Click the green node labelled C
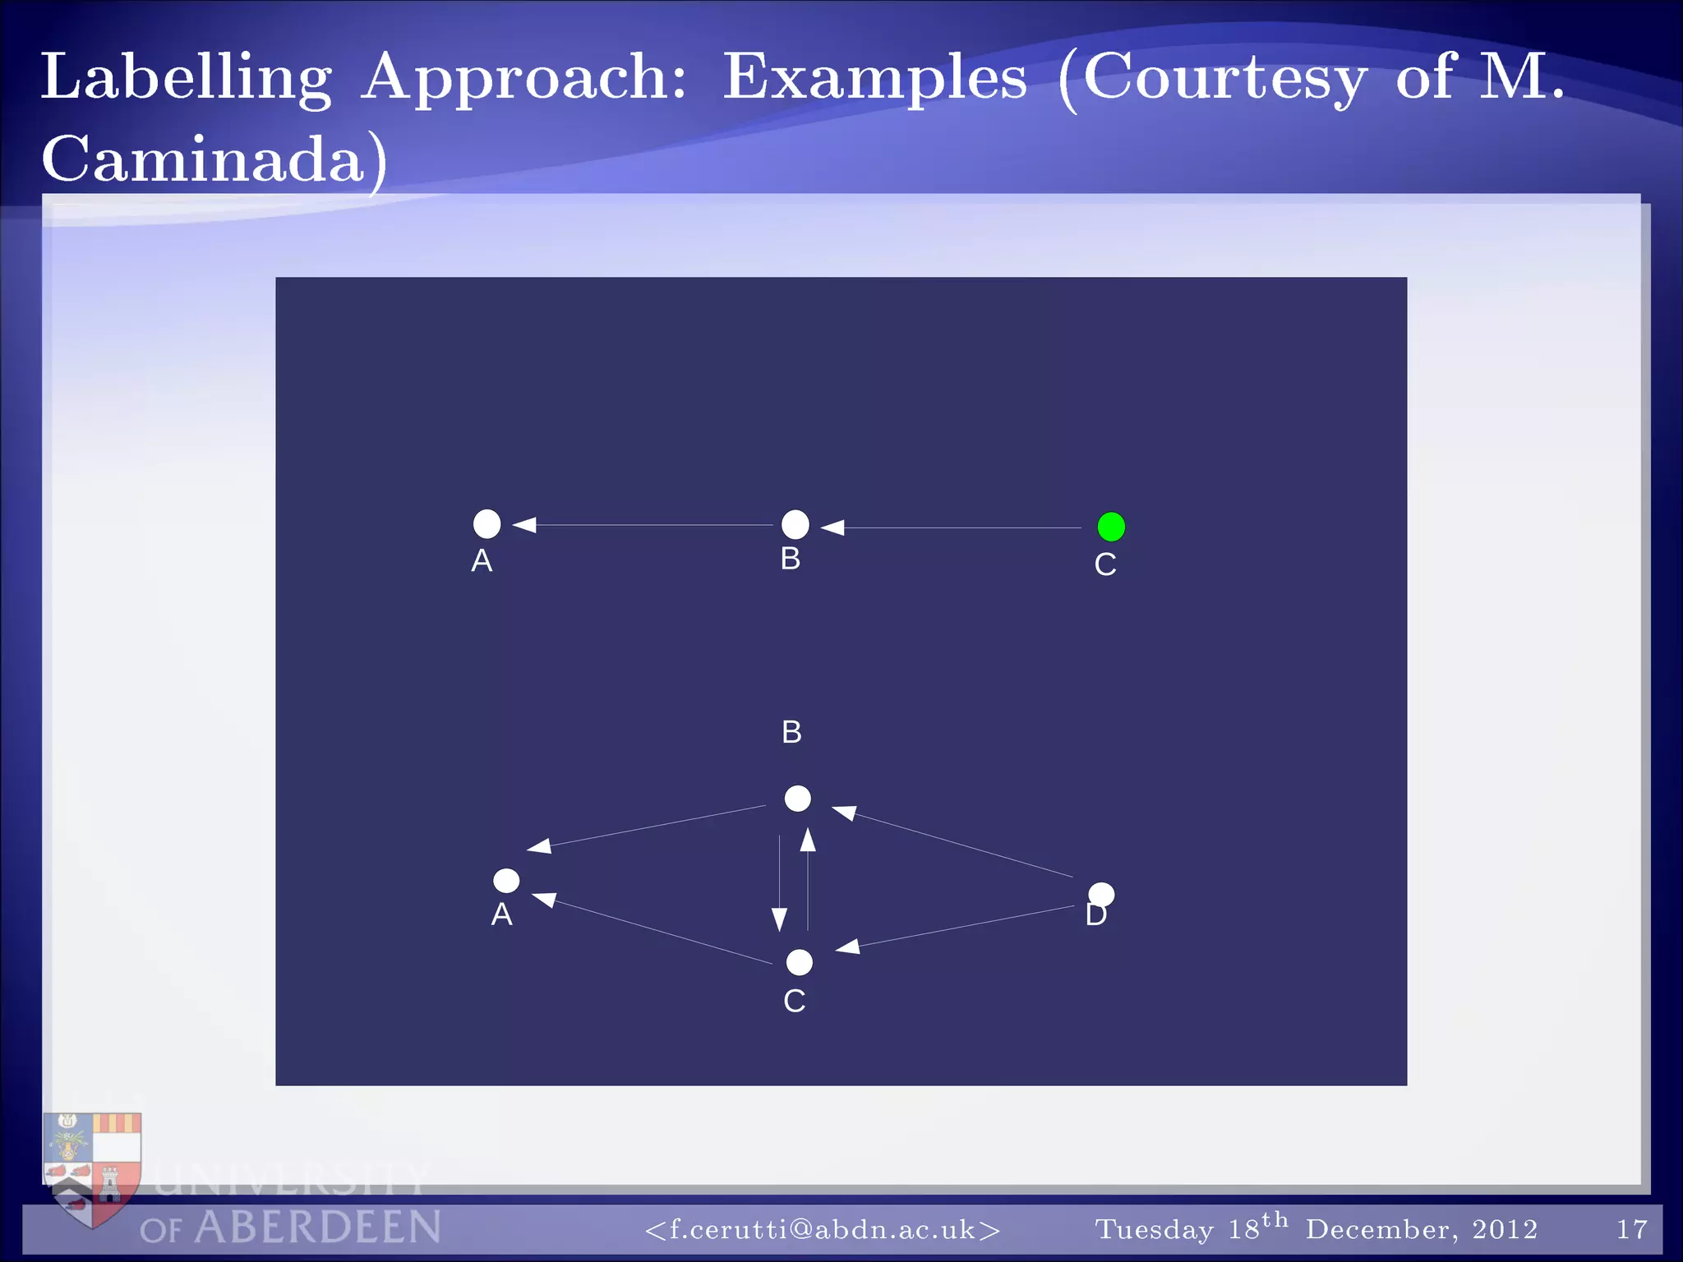point(1111,527)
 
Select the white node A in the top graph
point(487,523)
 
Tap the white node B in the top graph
point(795,524)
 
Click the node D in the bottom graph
point(1101,895)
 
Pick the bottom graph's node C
point(799,962)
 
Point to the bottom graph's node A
point(506,881)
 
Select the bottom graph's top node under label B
point(797,798)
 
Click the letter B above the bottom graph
point(791,732)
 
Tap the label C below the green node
point(1105,565)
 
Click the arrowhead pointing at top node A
point(525,524)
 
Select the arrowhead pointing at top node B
point(832,527)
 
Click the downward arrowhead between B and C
point(779,919)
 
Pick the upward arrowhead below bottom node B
point(808,840)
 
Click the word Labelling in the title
point(187,78)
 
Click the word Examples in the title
point(875,78)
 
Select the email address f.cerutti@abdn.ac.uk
point(823,1230)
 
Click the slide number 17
point(1631,1230)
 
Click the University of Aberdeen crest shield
point(92,1167)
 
